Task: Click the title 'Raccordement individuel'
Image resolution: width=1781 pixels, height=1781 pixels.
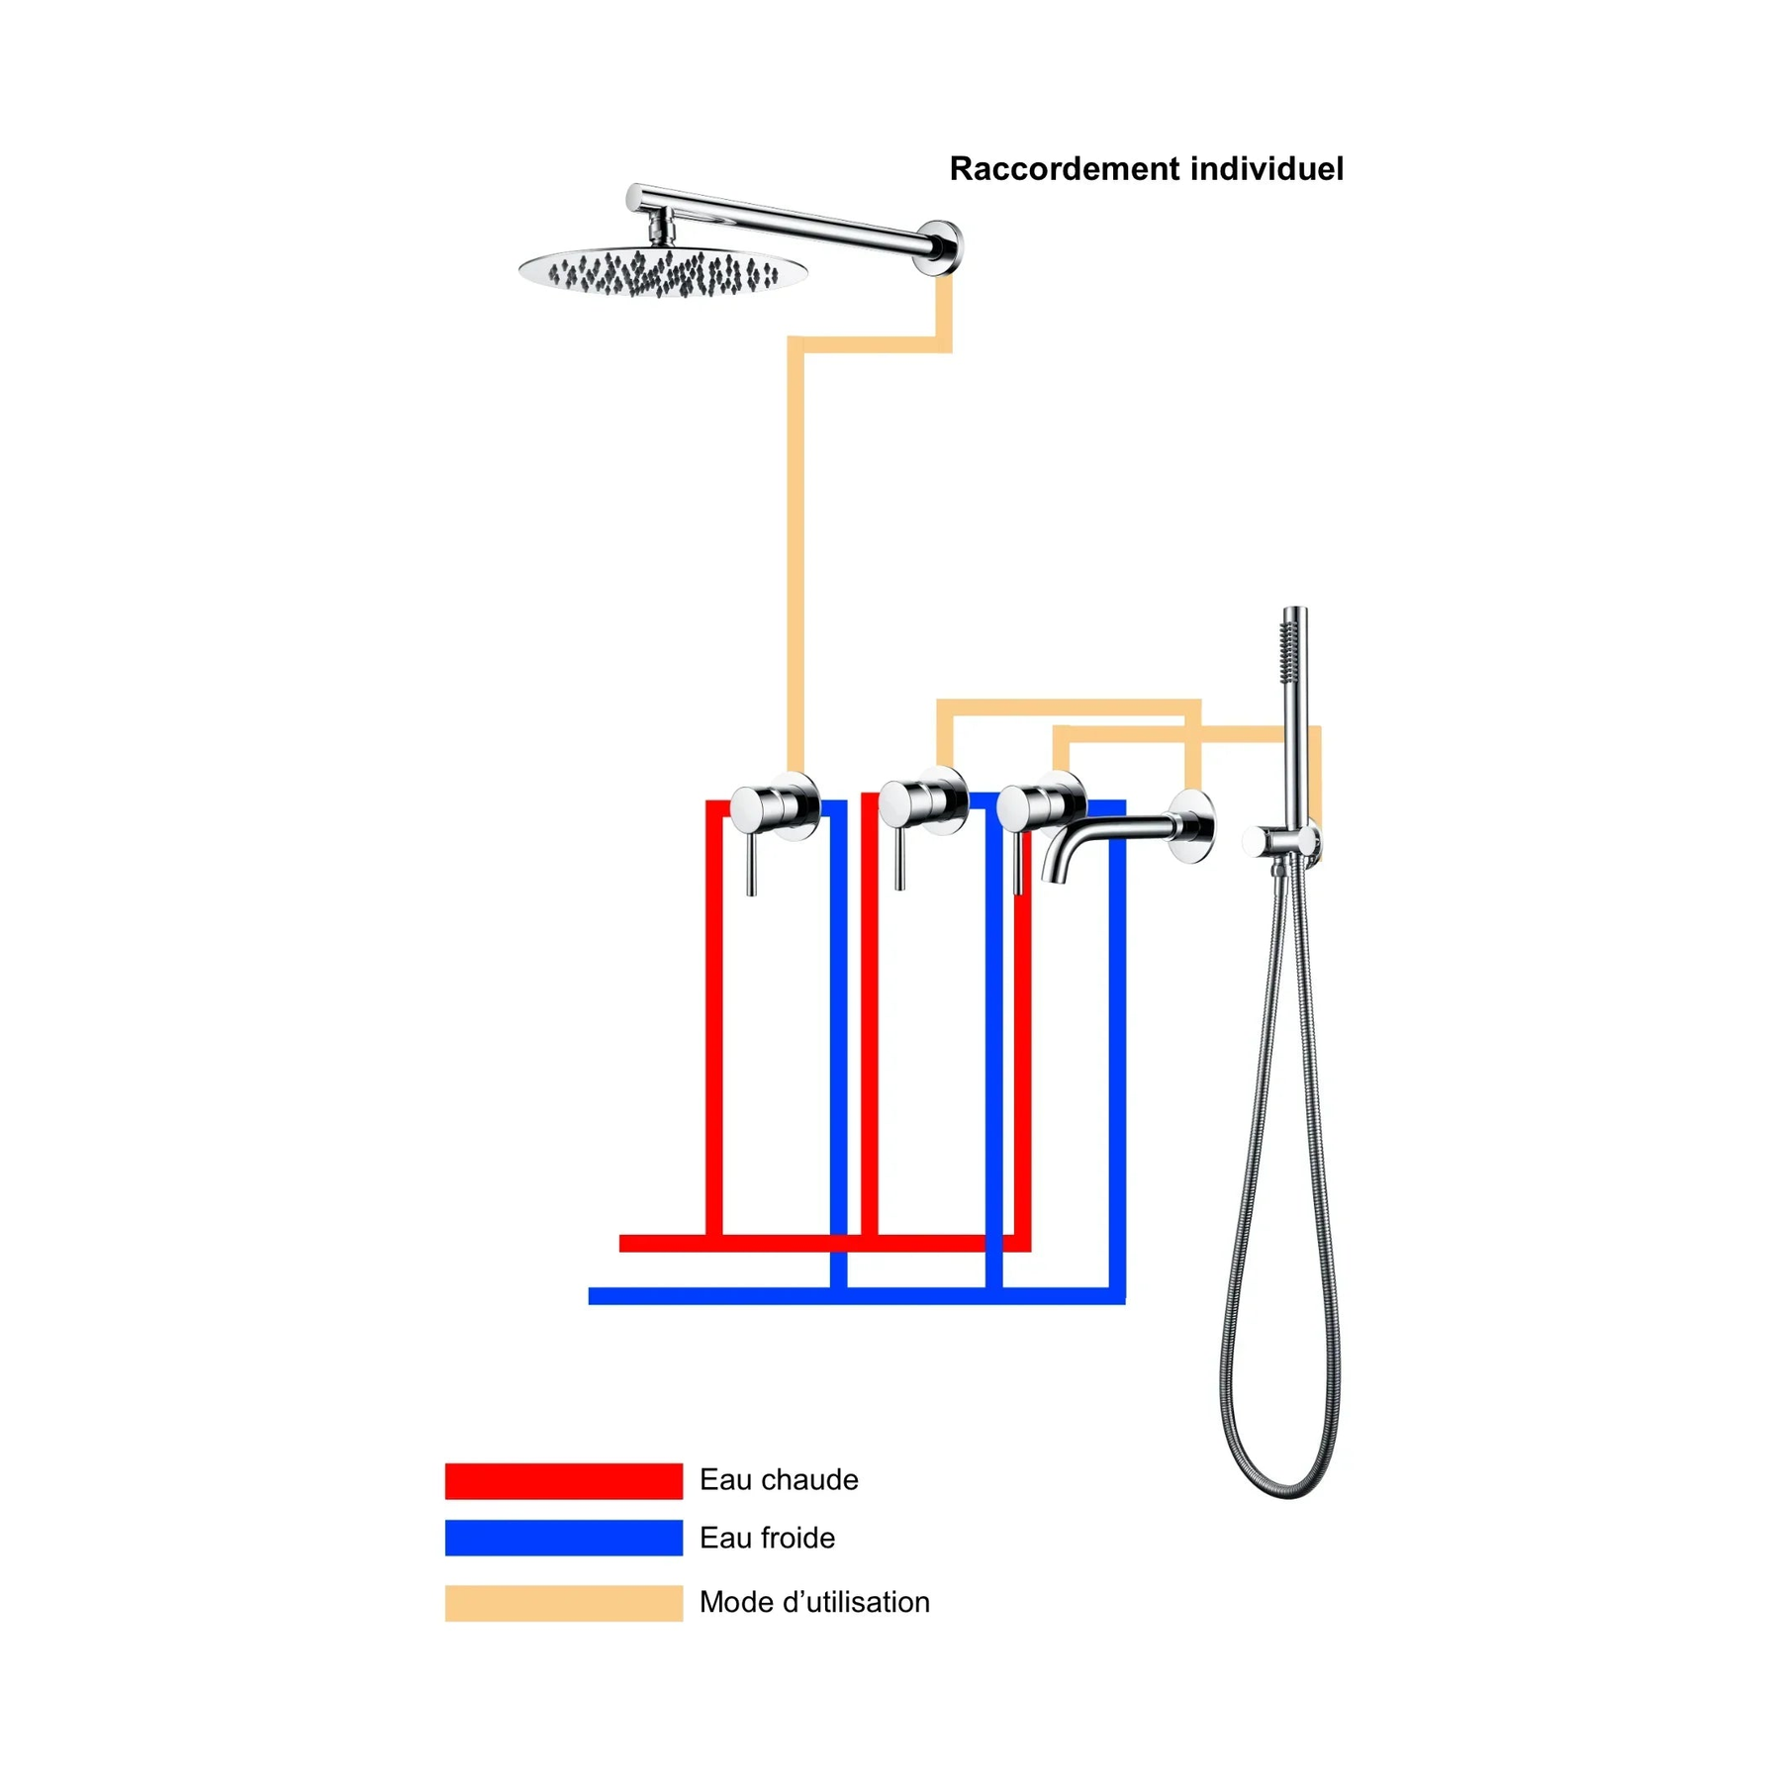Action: point(1146,169)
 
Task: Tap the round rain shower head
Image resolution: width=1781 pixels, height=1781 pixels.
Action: point(662,270)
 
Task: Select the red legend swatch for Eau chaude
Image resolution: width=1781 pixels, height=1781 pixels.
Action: point(563,1480)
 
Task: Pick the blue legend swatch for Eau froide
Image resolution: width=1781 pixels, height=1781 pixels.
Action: point(563,1538)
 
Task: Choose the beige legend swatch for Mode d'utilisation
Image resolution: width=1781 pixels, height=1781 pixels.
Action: point(563,1602)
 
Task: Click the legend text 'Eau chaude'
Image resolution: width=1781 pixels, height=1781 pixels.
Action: point(779,1480)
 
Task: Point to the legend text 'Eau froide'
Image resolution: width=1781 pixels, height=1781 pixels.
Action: point(767,1538)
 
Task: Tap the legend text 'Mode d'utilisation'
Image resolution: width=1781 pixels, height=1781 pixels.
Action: point(814,1602)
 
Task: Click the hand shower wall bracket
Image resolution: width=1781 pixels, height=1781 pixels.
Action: point(1281,842)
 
